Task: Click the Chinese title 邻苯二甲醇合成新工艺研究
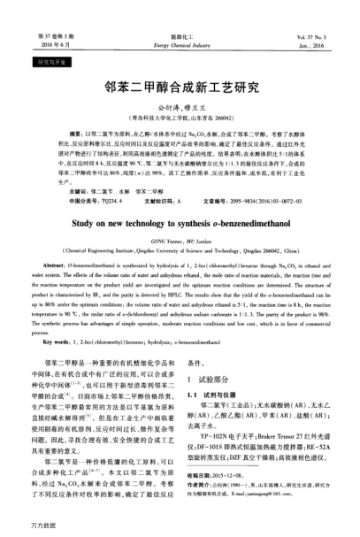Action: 180,88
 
